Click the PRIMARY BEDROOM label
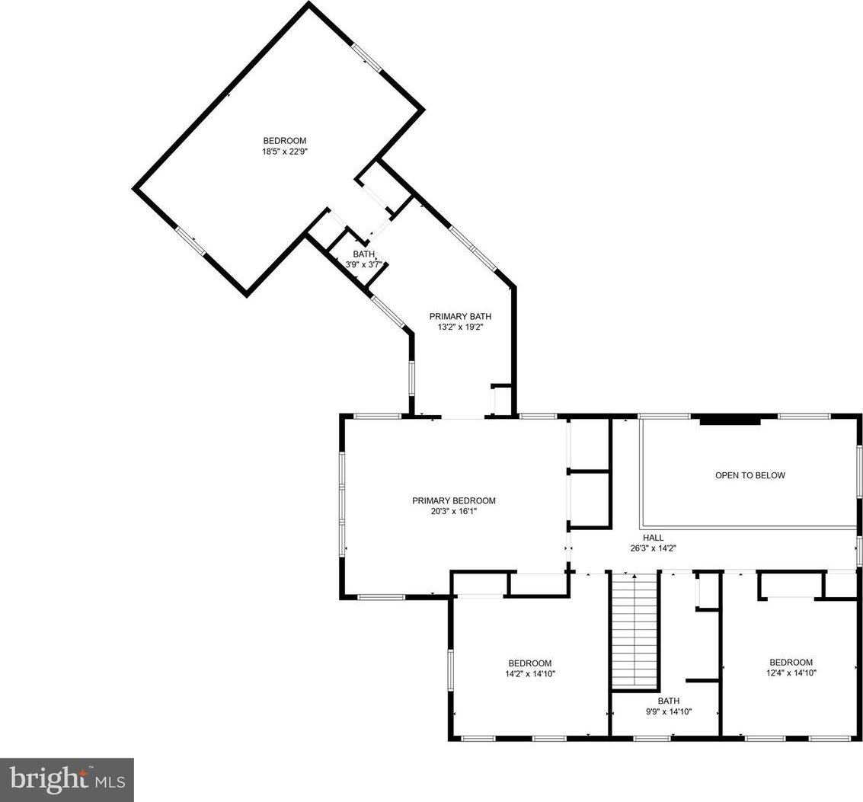[453, 500]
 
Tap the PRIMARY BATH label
[460, 317]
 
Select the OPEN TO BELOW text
[750, 475]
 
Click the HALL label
[654, 538]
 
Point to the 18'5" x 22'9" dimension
[285, 151]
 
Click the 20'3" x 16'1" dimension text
[453, 511]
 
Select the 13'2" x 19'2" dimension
[460, 327]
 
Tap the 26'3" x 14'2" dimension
[654, 548]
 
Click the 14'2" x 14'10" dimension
[530, 673]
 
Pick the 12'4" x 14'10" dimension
[791, 672]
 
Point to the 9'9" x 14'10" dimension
[669, 711]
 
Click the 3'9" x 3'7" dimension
[363, 264]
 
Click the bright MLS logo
[67, 779]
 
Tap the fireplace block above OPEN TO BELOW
[730, 421]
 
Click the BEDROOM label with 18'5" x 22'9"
[285, 140]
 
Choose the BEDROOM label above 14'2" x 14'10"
[530, 663]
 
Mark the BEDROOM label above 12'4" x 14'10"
[791, 662]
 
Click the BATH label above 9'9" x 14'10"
[669, 701]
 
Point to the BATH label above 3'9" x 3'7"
[364, 254]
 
